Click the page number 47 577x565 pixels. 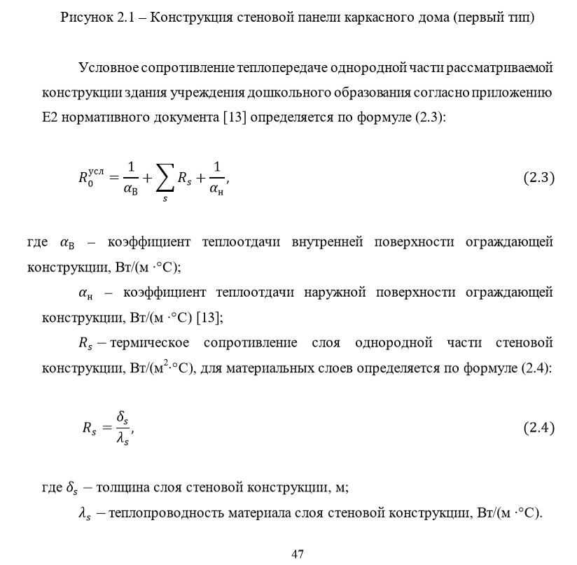click(298, 554)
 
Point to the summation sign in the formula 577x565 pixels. click(165, 179)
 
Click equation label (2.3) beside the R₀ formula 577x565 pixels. click(538, 178)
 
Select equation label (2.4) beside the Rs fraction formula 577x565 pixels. click(538, 428)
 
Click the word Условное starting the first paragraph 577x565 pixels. click(108, 68)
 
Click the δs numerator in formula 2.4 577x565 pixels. click(123, 418)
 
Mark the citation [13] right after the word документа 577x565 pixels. click(235, 117)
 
